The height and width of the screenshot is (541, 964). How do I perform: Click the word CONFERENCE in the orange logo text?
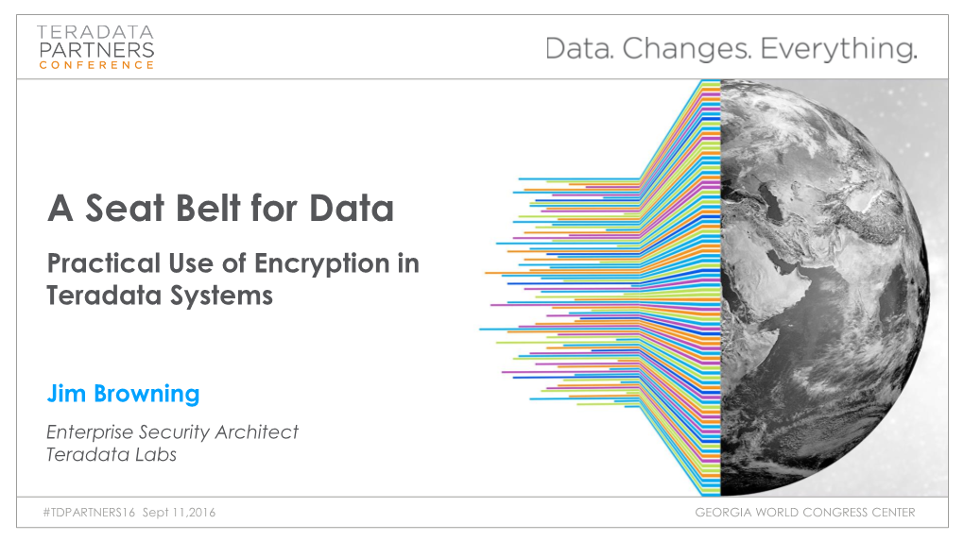(95, 65)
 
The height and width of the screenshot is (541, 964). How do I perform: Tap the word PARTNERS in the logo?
(96, 50)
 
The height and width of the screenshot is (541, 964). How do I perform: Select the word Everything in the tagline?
(838, 49)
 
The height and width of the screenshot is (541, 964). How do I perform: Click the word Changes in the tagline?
(687, 48)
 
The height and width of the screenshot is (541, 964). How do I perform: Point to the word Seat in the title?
(125, 208)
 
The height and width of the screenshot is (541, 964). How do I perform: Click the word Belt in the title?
(208, 208)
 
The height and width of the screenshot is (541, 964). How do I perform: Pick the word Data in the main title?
(351, 208)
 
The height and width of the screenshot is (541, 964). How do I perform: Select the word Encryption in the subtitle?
(321, 264)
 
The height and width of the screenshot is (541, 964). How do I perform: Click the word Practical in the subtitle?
(104, 263)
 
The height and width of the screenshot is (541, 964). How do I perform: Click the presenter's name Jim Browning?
(124, 395)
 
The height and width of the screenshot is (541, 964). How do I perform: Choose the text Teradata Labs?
(112, 455)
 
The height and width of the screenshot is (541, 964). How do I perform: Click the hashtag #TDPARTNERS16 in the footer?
(89, 512)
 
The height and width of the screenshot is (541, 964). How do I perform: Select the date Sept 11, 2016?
(179, 512)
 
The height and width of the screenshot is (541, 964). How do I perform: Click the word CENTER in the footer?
(891, 512)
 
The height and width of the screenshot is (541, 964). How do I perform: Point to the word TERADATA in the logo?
(95, 32)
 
